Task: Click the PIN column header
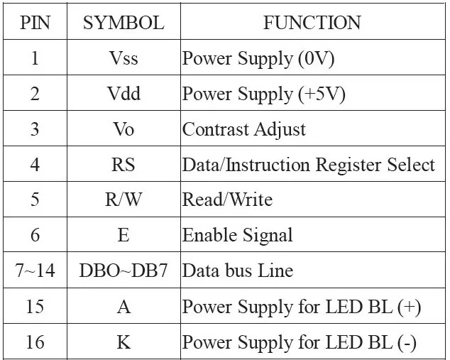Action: coord(35,23)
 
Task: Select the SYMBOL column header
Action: coord(123,23)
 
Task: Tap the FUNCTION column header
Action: coord(312,23)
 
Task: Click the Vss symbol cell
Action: coord(123,58)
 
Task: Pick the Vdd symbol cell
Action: coord(123,94)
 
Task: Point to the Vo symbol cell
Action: coord(123,129)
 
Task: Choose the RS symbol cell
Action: coord(123,165)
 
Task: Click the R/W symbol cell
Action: coord(123,200)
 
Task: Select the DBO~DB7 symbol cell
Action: coord(123,271)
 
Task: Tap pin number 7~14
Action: coord(35,271)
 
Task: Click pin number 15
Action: coord(35,306)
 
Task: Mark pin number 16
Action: coord(35,342)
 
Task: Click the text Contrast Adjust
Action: coord(243,129)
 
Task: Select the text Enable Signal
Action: coord(237,235)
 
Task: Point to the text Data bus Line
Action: coord(237,271)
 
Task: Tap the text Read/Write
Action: coord(227,200)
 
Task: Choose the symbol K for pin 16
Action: coord(123,342)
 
